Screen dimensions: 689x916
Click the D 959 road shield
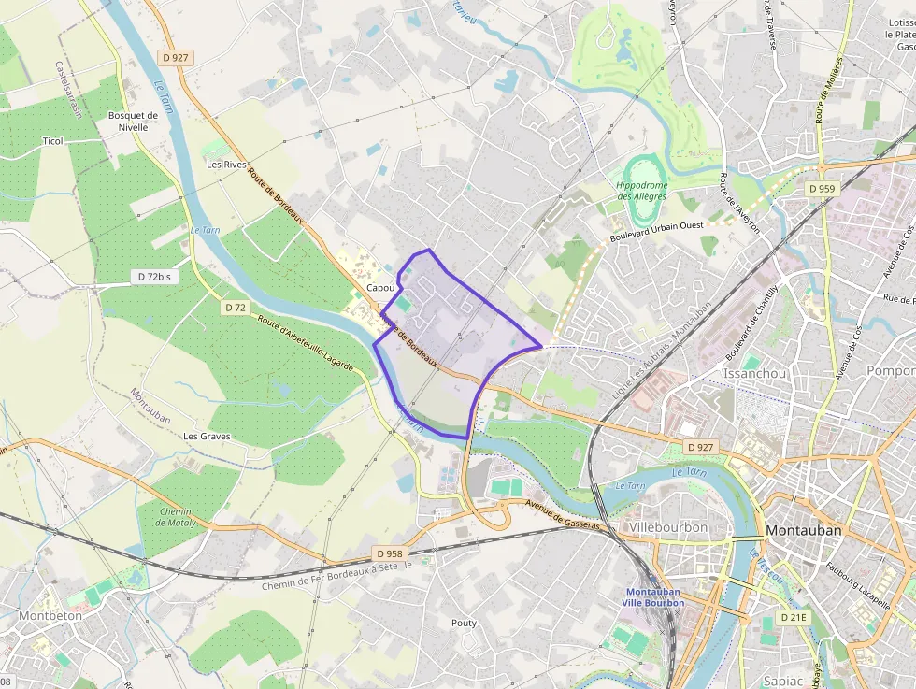[x=821, y=189]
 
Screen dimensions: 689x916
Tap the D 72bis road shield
[x=153, y=277]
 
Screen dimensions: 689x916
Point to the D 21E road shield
[x=794, y=617]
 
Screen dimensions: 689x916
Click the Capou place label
[x=381, y=288]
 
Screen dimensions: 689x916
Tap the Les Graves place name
[x=207, y=436]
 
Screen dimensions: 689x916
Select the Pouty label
[x=464, y=623]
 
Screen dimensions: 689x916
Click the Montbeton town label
[x=50, y=615]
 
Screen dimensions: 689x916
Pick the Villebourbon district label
[x=668, y=528]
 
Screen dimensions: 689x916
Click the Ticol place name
[x=52, y=141]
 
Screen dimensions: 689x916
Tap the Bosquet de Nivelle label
[x=134, y=122]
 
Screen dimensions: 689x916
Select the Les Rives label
[x=225, y=165]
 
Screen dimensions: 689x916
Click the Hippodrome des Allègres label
[x=642, y=191]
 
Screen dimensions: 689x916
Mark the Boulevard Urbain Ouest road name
[x=655, y=233]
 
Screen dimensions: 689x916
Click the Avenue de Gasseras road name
[x=563, y=517]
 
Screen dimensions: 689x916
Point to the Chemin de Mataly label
[x=175, y=517]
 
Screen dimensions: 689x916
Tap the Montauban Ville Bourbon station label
[x=654, y=597]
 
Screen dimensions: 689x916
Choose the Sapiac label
[x=783, y=680]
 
